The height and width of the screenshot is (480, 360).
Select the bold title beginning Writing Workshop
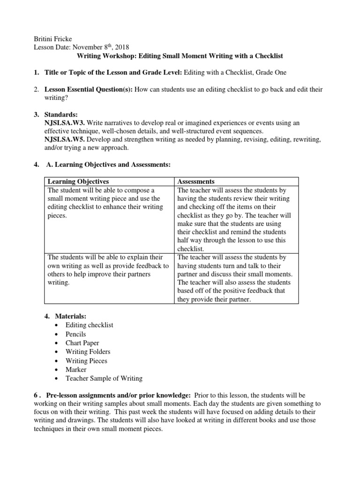tap(180, 56)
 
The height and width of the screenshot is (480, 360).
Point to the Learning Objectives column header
tap(78, 181)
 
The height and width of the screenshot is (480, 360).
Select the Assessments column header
tap(196, 181)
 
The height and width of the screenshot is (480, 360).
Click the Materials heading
tap(71, 316)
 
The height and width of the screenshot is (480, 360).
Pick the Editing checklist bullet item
tap(89, 325)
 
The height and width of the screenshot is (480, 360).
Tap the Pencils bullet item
tap(75, 334)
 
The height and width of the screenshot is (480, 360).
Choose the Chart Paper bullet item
tap(82, 343)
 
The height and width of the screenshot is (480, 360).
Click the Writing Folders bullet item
tap(88, 352)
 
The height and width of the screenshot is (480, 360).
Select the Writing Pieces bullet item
tap(86, 360)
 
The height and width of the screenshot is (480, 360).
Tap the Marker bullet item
tap(76, 369)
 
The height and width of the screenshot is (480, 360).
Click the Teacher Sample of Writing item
tap(104, 378)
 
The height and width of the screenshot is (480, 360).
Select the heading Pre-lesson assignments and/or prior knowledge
tap(118, 395)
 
